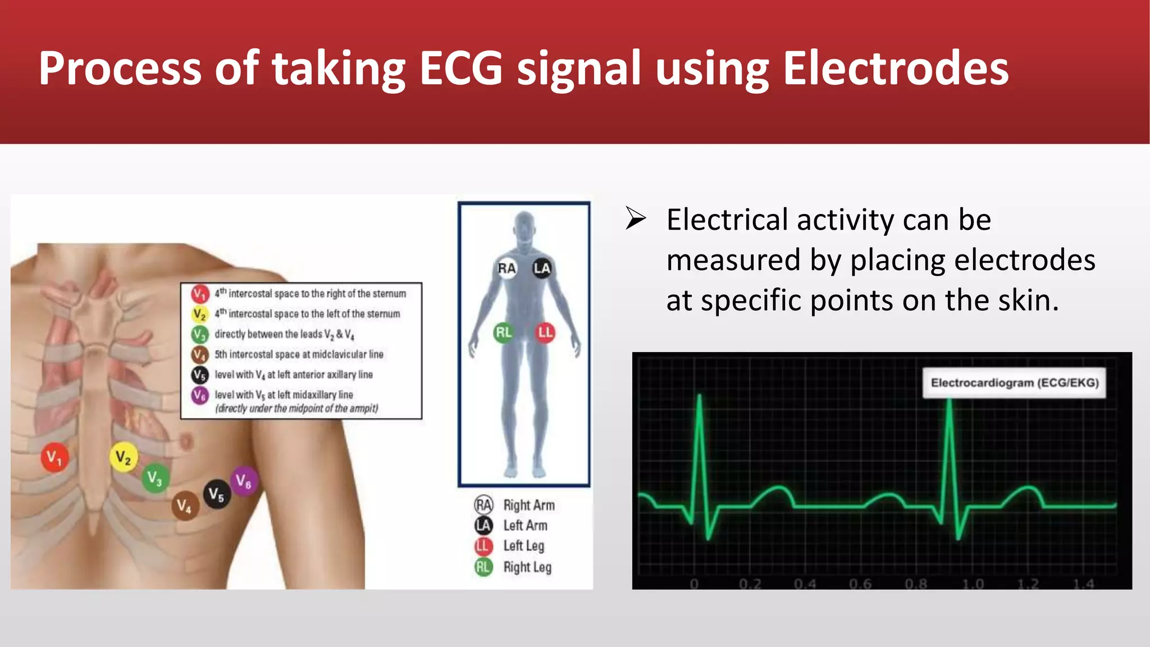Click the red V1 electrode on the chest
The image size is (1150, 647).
(54, 458)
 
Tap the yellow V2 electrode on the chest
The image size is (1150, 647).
(123, 457)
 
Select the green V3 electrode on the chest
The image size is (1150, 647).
(154, 478)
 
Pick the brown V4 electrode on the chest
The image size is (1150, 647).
(185, 506)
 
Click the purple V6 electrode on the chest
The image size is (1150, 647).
(244, 481)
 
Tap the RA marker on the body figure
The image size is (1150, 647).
(506, 268)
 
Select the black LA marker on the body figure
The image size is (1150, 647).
(542, 268)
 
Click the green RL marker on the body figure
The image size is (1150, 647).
(503, 332)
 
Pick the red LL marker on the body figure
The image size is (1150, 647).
(545, 332)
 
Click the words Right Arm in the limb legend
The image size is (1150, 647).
(529, 505)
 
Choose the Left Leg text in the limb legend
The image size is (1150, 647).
(523, 546)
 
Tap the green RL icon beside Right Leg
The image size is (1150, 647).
(483, 567)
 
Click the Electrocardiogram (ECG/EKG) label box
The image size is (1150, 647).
(1014, 383)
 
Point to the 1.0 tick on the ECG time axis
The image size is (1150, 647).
(973, 584)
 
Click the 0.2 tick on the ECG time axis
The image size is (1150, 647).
(750, 584)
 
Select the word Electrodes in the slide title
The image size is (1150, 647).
(896, 69)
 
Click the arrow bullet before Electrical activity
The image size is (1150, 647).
(636, 218)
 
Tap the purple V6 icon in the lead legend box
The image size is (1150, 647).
(199, 395)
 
